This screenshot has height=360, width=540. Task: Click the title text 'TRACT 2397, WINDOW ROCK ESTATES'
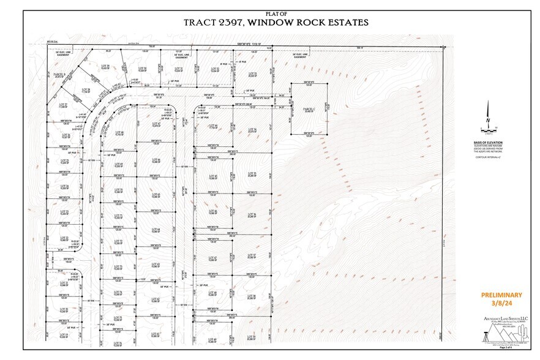coord(276,23)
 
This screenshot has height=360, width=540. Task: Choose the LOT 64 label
coord(155,229)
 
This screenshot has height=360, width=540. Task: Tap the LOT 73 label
coord(118,267)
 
